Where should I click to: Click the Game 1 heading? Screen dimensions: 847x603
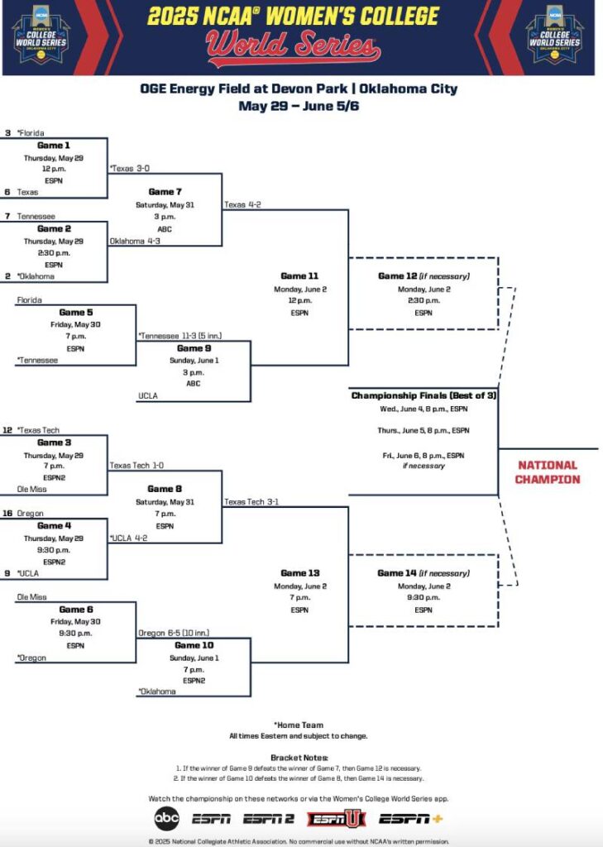pos(53,146)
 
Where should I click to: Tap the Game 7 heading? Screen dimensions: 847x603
pos(165,192)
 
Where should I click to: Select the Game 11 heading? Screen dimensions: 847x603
pos(299,276)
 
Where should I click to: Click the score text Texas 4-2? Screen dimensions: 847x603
pos(242,204)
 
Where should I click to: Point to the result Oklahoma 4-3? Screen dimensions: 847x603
pos(135,242)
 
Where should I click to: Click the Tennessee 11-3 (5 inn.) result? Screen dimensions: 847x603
pos(179,336)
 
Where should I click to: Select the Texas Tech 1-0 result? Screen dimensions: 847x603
pos(136,466)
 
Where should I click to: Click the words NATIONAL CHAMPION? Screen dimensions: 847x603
pos(547,472)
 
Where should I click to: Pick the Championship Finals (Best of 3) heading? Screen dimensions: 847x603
pos(424,395)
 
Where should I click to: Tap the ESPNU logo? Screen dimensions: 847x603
pos(336,818)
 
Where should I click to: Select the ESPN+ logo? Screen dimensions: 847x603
pos(411,818)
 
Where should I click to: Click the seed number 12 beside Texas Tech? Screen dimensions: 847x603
pos(7,430)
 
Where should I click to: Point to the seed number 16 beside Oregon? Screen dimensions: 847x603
pos(7,513)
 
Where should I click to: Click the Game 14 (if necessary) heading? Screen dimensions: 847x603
pos(424,573)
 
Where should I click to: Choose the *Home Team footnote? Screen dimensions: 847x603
pos(299,725)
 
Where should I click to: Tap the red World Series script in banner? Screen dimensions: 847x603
pos(294,47)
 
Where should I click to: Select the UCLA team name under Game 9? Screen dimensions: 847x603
pos(147,397)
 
